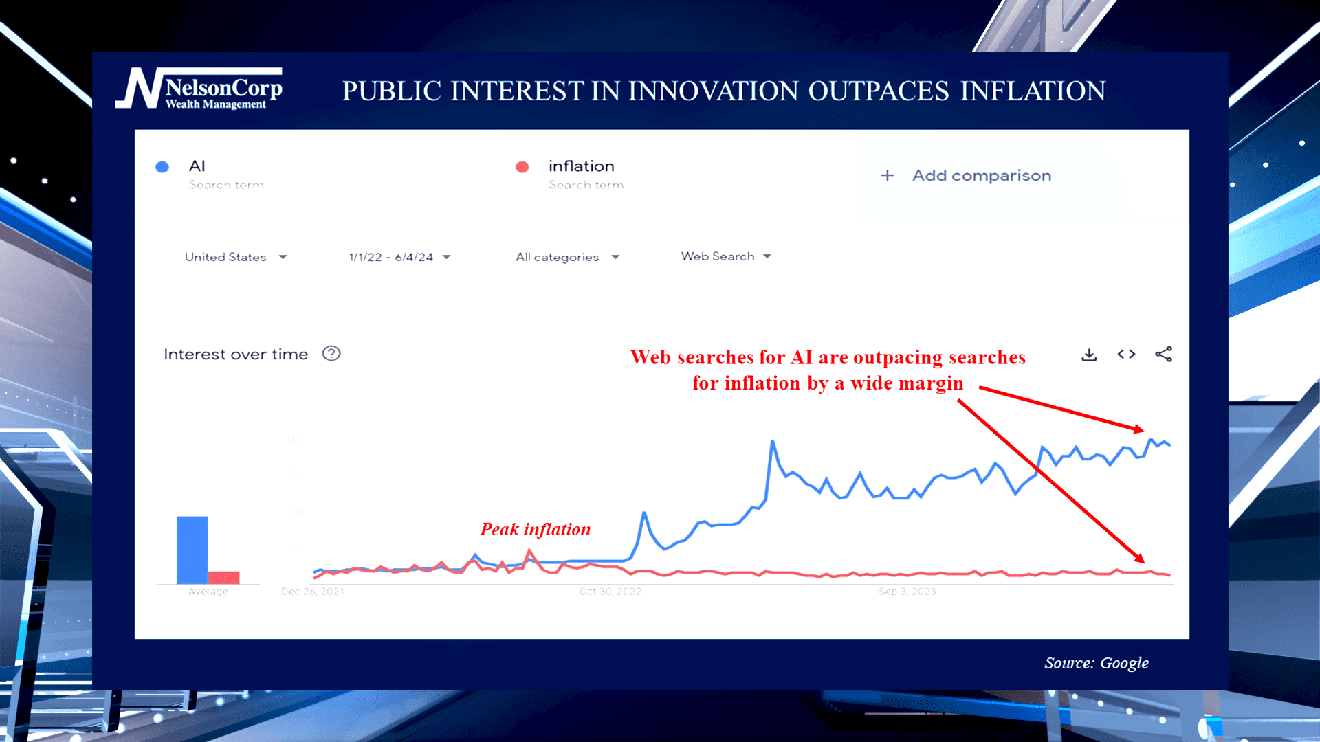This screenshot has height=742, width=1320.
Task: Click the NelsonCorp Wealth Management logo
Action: click(x=199, y=89)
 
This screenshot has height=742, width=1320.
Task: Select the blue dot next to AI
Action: click(x=162, y=167)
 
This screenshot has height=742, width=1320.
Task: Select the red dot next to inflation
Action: click(x=522, y=167)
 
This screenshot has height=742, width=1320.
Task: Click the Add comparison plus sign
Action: click(x=888, y=176)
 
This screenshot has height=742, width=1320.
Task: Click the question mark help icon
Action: click(x=331, y=354)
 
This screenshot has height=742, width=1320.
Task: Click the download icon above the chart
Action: click(x=1089, y=355)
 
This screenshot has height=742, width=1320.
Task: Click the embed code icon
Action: click(x=1126, y=355)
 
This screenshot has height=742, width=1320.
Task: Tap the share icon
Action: click(x=1163, y=355)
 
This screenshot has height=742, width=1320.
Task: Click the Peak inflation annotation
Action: click(x=535, y=529)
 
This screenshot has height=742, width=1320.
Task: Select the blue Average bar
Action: click(x=192, y=550)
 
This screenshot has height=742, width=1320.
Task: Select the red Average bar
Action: click(x=224, y=577)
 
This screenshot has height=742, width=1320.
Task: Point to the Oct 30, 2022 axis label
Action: click(x=610, y=592)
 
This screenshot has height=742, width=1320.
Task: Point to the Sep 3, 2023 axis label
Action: click(x=907, y=592)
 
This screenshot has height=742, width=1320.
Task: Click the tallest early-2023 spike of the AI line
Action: click(x=773, y=443)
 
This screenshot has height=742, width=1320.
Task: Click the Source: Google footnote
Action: click(x=1096, y=663)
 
